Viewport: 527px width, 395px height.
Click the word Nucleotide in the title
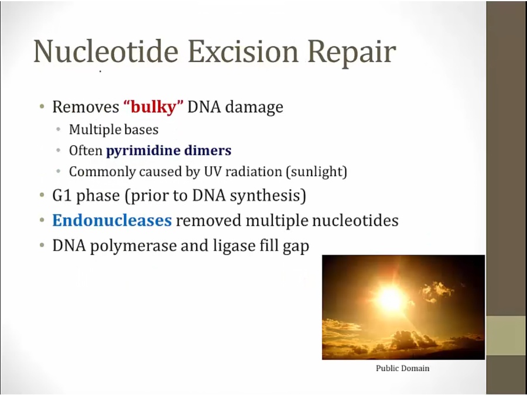(x=106, y=51)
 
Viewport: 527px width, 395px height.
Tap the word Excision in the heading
(x=243, y=51)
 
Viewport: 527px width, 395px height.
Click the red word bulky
(x=153, y=107)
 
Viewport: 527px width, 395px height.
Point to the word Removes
(x=85, y=107)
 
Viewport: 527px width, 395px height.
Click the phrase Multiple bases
(x=114, y=130)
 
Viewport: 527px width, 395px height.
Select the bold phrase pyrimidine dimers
(x=169, y=150)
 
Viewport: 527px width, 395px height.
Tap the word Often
(x=85, y=150)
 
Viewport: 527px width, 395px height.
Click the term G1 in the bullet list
(x=62, y=195)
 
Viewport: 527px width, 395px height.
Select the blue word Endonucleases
(x=112, y=221)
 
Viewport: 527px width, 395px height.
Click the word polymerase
(x=134, y=246)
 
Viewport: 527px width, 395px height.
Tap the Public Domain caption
(x=403, y=369)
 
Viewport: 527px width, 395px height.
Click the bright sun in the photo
(x=391, y=298)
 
